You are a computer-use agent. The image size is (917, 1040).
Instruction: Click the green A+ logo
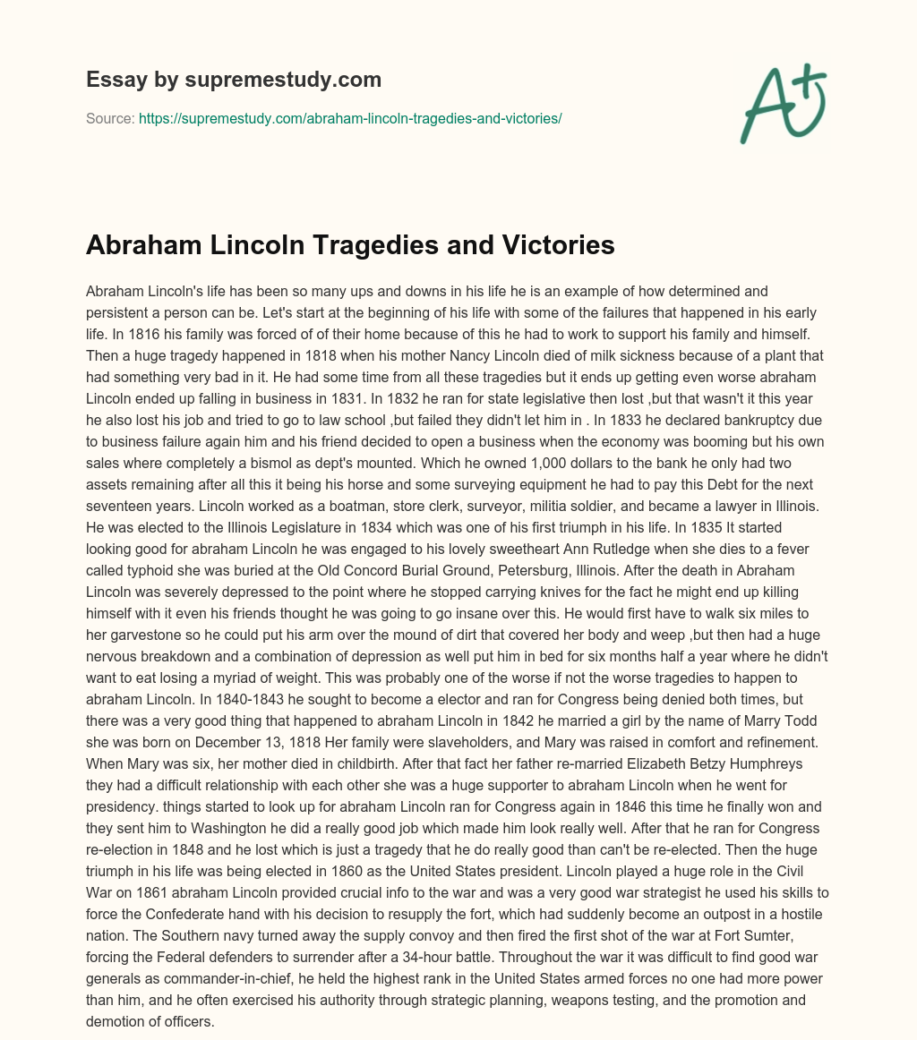(783, 103)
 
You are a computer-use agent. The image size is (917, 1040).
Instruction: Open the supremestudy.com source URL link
(350, 118)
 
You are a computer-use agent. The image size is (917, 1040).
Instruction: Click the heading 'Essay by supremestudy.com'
(234, 80)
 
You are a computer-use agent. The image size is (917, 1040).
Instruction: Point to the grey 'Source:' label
(110, 118)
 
